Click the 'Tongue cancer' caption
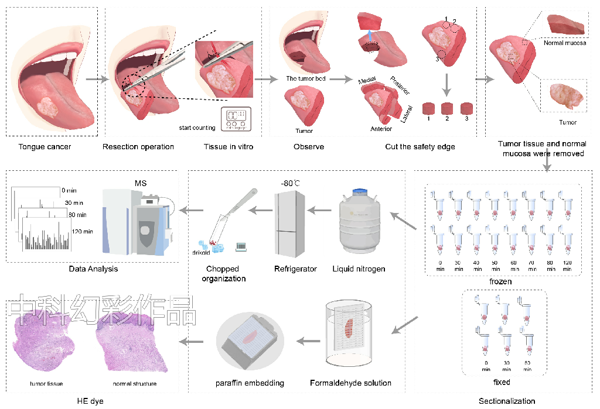(x=45, y=146)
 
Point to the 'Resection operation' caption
(x=138, y=146)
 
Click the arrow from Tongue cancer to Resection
(x=97, y=80)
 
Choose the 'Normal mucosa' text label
(x=565, y=43)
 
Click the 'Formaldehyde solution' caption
(x=350, y=383)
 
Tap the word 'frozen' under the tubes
(x=501, y=282)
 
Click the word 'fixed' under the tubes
(x=502, y=382)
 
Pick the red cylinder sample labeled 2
(x=447, y=109)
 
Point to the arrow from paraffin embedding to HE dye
(x=191, y=341)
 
